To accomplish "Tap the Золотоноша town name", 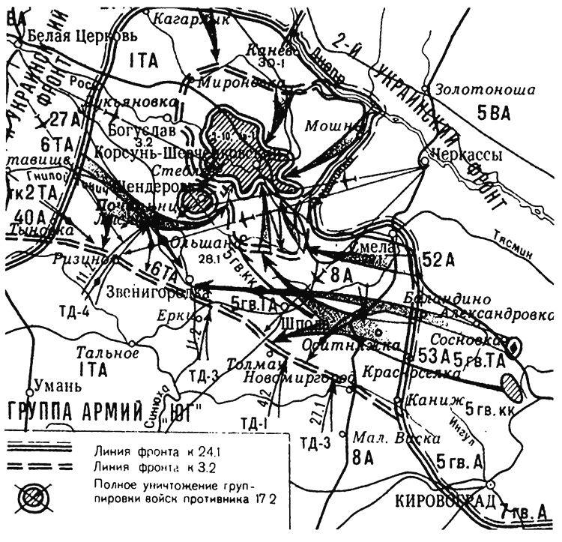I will (x=488, y=90).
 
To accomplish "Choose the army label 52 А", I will (x=439, y=260).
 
